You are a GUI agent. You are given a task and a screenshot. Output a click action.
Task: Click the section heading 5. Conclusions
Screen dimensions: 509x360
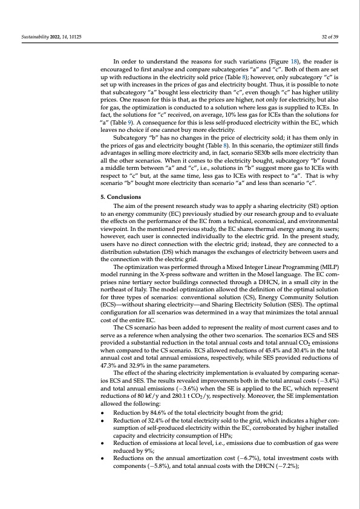(x=120, y=180)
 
